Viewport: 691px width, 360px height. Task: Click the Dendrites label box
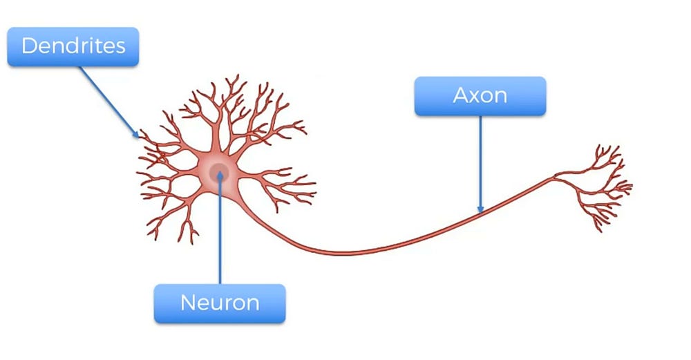point(73,47)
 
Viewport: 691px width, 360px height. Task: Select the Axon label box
point(480,95)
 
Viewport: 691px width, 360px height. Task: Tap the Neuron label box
point(219,303)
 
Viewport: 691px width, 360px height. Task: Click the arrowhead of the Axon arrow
point(480,209)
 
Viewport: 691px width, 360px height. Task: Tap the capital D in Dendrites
point(30,47)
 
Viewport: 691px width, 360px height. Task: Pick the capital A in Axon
point(461,95)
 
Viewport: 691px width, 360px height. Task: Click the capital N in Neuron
point(188,303)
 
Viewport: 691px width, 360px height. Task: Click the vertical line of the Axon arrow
point(480,159)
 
